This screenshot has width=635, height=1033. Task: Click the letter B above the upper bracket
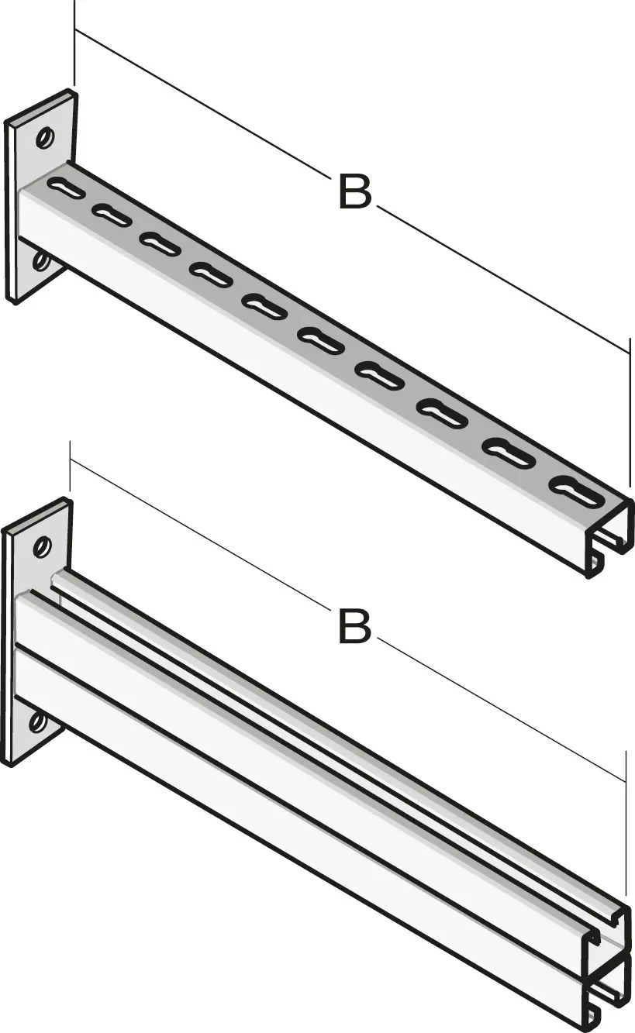pos(355,191)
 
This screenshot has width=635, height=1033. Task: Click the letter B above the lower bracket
pos(355,626)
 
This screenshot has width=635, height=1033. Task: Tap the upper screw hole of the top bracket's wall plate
pos(46,137)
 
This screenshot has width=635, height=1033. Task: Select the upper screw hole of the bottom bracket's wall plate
pos(43,547)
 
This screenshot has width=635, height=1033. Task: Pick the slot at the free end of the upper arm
pos(578,491)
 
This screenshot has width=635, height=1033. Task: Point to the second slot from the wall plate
pos(112,214)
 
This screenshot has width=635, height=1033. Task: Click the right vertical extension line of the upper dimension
pos(630,411)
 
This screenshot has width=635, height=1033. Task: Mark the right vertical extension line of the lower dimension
pos(626,828)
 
